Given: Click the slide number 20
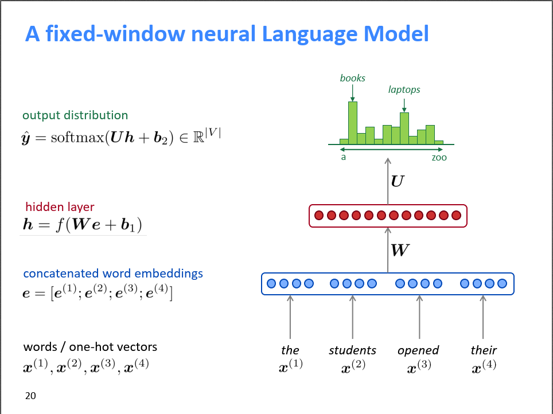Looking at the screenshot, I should coord(31,395).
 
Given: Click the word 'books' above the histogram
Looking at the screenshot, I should coord(352,78).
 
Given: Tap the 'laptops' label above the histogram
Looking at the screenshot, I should coord(404,89).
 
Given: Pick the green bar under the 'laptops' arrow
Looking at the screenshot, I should coord(404,128).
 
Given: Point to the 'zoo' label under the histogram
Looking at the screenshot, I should coord(439,157).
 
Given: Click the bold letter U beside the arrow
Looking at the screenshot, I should coord(397,182).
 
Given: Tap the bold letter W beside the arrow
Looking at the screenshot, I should coord(399,249).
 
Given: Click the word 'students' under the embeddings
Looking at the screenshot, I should coord(352,350).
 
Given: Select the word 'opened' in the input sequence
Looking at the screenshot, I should coord(418,350).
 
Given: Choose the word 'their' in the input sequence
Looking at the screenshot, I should coord(483,350).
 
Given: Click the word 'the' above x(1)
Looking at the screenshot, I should coord(290,350).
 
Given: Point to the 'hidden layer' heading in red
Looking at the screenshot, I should coord(60,207).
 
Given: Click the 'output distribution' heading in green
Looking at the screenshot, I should coord(75,115).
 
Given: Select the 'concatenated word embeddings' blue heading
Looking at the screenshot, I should coord(113,274).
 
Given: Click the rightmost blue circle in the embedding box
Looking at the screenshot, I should coord(503,283).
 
